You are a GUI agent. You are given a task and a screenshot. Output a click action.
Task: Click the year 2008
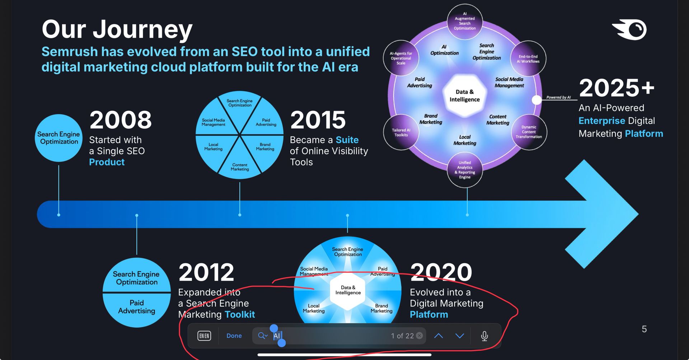(x=121, y=120)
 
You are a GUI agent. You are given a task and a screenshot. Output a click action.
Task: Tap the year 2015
(x=318, y=120)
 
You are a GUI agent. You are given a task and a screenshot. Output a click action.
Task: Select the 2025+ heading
(x=617, y=88)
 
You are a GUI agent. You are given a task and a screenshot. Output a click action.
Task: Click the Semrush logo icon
(x=629, y=30)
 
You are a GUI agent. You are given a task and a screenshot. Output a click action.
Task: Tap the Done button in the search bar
(x=234, y=336)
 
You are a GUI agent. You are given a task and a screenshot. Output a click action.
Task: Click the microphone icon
(x=484, y=336)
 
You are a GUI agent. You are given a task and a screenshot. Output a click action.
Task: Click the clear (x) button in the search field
(x=419, y=336)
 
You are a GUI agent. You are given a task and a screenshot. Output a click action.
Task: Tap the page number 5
(x=644, y=329)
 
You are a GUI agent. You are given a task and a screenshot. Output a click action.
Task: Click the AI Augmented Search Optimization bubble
(x=465, y=22)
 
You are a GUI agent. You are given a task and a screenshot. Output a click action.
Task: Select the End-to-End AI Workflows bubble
(x=528, y=59)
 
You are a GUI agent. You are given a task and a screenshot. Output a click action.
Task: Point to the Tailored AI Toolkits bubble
(x=401, y=132)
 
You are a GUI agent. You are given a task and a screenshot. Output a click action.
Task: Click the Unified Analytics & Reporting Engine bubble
(x=465, y=170)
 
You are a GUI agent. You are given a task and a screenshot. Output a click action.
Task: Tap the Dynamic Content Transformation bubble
(x=529, y=132)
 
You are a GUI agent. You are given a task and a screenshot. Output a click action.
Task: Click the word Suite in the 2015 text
(x=347, y=140)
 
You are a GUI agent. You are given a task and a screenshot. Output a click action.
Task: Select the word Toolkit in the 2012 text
(x=240, y=315)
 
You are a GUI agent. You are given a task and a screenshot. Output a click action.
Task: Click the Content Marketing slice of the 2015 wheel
(x=240, y=163)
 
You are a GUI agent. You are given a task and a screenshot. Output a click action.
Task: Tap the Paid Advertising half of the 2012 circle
(x=137, y=309)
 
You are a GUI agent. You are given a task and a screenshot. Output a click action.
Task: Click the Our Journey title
(x=117, y=30)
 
